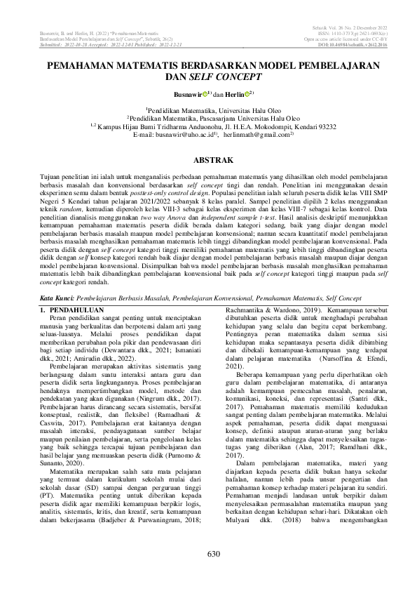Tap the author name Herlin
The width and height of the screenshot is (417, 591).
[x=234, y=93]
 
